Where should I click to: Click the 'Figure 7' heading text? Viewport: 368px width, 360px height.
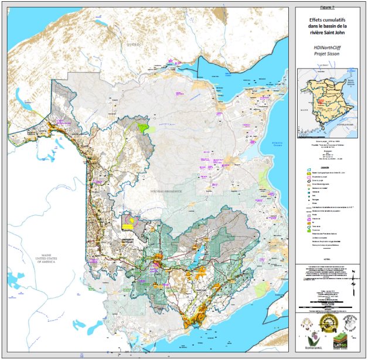[328, 9]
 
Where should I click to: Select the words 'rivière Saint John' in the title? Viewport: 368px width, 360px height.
[328, 33]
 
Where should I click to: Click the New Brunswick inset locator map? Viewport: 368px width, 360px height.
[328, 100]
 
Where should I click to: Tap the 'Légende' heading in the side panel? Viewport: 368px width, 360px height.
[328, 167]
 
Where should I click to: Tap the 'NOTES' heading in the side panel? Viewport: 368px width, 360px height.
[328, 257]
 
